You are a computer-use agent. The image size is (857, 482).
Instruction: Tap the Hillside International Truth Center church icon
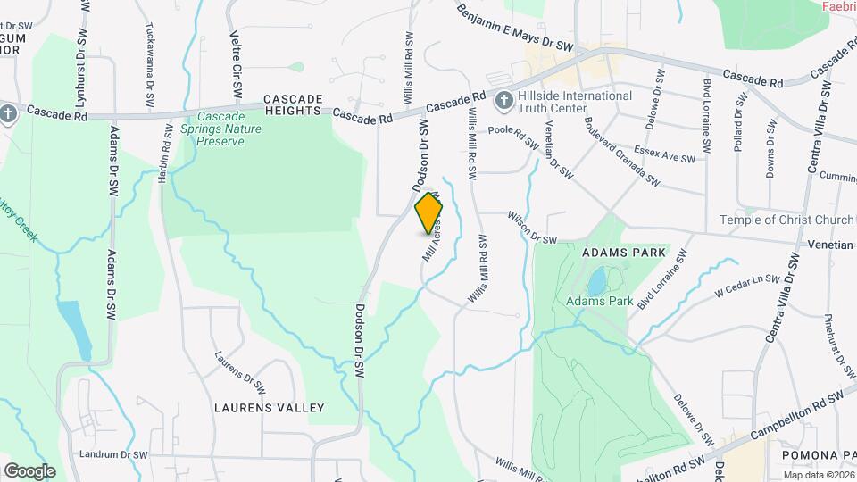pyautogui.click(x=503, y=100)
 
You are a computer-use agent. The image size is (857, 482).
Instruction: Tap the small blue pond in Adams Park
pyautogui.click(x=595, y=283)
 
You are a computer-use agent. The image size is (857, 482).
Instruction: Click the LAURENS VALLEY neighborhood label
pyautogui.click(x=269, y=408)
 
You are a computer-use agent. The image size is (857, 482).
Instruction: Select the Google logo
pyautogui.click(x=29, y=470)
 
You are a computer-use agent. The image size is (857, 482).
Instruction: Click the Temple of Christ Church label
pyautogui.click(x=788, y=220)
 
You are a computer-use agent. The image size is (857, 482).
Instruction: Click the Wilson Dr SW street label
pyautogui.click(x=532, y=229)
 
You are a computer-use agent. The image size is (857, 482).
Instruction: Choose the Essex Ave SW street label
pyautogui.click(x=663, y=154)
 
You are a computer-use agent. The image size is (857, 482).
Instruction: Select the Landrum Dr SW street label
pyautogui.click(x=112, y=454)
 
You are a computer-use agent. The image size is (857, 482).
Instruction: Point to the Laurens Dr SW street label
pyautogui.click(x=240, y=371)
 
